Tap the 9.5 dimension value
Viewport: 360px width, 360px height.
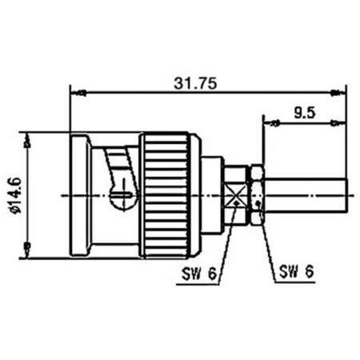click(x=304, y=113)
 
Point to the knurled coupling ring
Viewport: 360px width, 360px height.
click(x=166, y=195)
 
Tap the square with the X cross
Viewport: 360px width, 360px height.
click(x=236, y=195)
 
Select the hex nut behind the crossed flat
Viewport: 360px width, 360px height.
click(x=256, y=195)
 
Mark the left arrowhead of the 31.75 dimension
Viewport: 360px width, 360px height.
click(x=75, y=92)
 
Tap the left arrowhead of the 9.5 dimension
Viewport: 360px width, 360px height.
click(x=269, y=122)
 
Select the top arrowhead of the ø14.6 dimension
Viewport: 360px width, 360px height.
click(x=29, y=138)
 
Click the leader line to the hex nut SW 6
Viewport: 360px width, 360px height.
click(x=266, y=240)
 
